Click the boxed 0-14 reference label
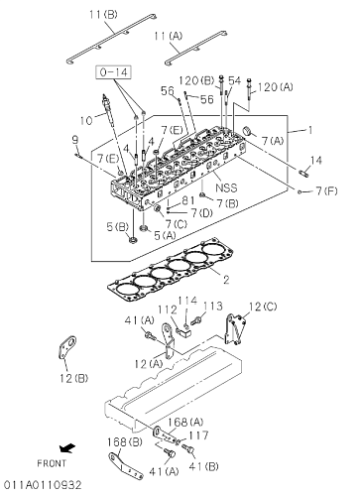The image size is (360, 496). [113, 72]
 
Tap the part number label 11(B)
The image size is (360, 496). [103, 15]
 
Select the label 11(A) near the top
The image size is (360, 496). [168, 36]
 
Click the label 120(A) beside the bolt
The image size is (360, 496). [276, 87]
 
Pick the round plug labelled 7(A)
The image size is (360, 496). [247, 131]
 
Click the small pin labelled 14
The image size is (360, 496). [303, 173]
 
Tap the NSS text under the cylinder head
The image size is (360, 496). [226, 187]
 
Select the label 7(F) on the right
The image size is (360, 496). [326, 190]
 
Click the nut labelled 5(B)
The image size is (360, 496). [132, 240]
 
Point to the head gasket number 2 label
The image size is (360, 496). [226, 280]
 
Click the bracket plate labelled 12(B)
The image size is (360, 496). [66, 348]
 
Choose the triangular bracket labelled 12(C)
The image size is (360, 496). [235, 329]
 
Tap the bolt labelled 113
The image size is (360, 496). [197, 319]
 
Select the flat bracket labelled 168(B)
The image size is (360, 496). [126, 466]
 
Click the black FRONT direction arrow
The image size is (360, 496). [67, 448]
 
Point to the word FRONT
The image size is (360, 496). [52, 463]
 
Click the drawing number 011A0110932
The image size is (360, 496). [42, 485]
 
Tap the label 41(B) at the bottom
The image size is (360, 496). [203, 466]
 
